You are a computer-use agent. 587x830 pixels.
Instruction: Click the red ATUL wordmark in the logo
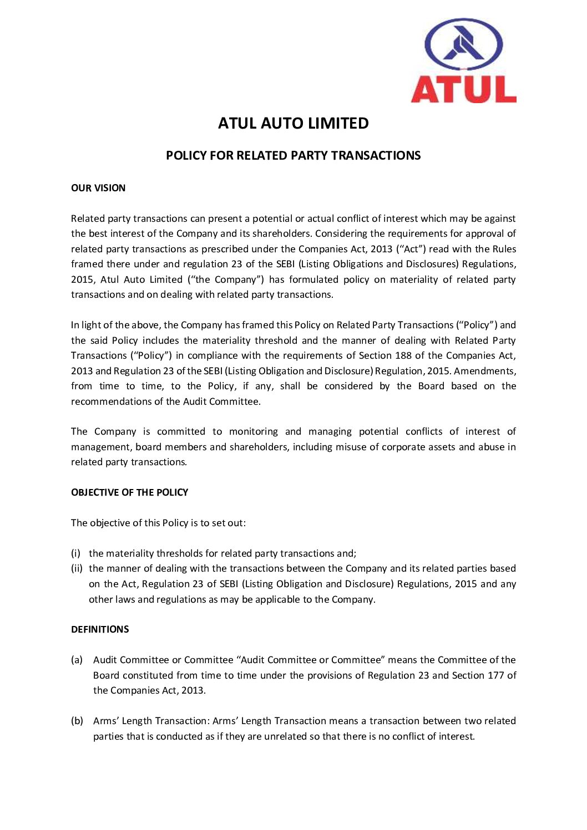pos(463,90)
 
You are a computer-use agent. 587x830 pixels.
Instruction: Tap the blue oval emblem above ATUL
pos(464,44)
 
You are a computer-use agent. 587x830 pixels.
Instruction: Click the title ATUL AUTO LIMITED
pos(293,123)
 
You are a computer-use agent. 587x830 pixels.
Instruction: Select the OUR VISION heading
pos(98,188)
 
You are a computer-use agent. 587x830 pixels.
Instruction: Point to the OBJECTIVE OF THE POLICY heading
pos(129,492)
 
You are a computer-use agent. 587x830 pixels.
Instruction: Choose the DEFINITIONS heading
pos(100,629)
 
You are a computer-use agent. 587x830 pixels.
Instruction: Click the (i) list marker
pos(75,553)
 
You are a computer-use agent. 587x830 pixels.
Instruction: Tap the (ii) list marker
pos(77,568)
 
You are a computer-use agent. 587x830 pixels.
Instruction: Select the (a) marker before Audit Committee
pos(77,660)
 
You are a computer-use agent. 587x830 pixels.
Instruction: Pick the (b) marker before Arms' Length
pos(77,721)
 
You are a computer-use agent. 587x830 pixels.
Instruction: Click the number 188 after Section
pos(403,355)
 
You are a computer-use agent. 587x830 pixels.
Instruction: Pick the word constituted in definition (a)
pos(148,675)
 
